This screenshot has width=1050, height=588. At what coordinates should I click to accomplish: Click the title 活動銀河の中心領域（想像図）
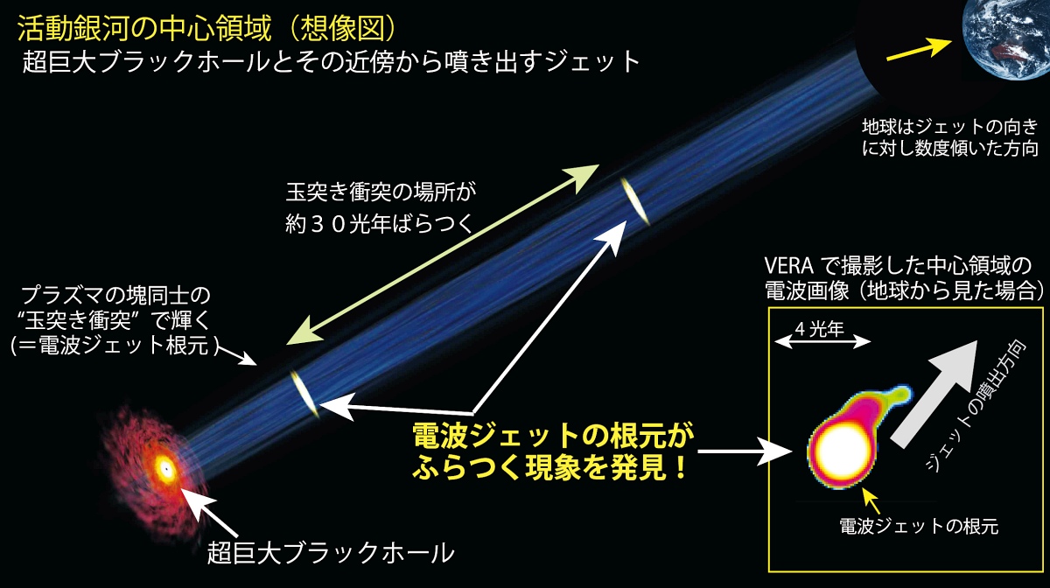tap(209, 29)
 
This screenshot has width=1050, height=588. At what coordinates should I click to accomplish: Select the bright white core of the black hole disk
tap(165, 468)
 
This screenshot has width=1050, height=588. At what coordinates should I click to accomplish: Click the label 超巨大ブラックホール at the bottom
tap(331, 553)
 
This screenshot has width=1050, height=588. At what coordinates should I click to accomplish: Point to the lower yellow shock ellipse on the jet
tap(304, 394)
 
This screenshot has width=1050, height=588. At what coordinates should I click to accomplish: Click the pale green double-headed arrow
tap(443, 255)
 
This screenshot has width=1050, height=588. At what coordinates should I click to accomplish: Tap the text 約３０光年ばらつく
tap(380, 225)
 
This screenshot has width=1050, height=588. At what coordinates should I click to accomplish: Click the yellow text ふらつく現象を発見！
tap(550, 467)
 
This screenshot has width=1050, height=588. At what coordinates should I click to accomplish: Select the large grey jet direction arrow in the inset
tap(934, 394)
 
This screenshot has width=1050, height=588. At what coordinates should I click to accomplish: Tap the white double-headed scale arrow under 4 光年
tap(822, 342)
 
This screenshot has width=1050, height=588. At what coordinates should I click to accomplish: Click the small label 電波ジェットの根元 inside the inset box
tap(919, 526)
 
